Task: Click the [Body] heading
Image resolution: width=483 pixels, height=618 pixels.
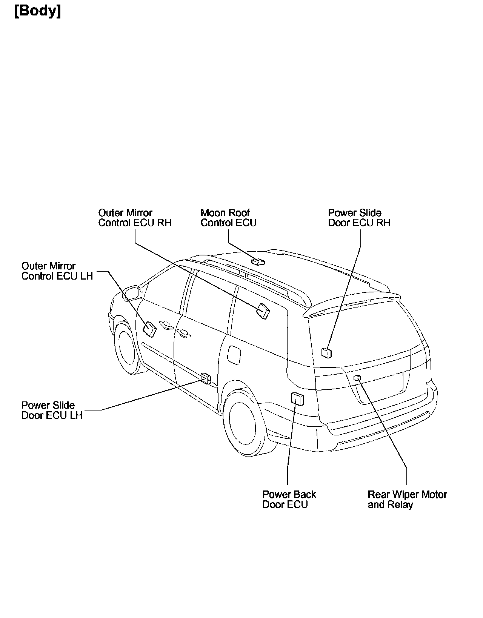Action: point(38,11)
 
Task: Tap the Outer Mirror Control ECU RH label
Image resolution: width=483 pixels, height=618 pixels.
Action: point(135,218)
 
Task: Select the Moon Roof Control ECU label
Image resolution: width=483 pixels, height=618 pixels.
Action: point(228,218)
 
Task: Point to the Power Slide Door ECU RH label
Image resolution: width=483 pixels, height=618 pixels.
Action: point(359,218)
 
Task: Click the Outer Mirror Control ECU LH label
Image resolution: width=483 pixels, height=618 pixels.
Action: point(57,271)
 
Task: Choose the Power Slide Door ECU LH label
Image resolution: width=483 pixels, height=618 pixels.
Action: point(52,410)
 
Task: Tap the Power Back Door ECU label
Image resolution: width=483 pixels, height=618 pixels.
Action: point(289,499)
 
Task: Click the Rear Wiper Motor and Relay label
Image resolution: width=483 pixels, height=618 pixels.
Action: point(407,499)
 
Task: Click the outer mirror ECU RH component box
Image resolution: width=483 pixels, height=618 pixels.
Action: point(263,311)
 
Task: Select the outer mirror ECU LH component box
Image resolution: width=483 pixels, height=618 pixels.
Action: point(149,329)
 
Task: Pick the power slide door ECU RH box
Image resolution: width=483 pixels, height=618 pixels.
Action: point(327,353)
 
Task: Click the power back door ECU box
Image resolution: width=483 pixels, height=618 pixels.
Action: point(298,398)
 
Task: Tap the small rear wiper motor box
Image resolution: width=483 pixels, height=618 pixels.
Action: point(357,378)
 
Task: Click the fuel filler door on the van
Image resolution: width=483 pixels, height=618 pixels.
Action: point(234,355)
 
